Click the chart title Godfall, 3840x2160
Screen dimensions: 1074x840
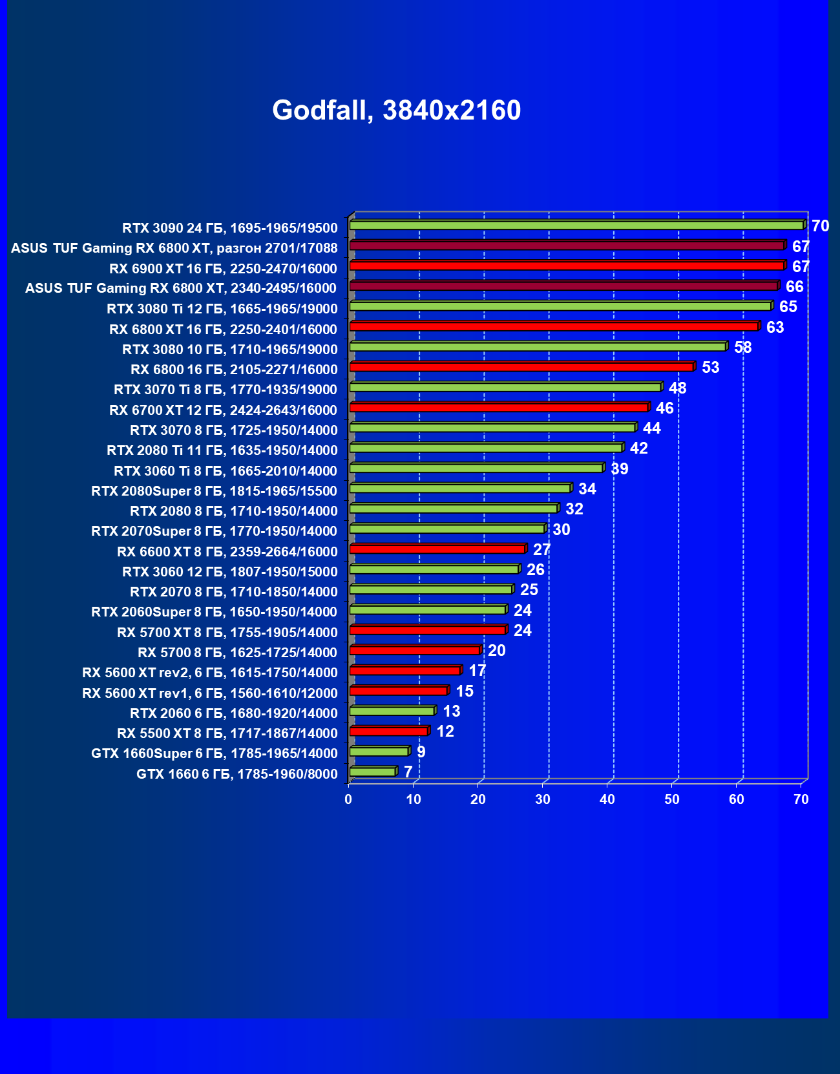coord(396,111)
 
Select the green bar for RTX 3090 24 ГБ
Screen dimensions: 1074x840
coord(576,226)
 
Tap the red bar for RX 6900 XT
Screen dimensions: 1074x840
coord(567,266)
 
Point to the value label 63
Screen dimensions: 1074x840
coord(775,328)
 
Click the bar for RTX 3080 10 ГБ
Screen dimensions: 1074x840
coord(538,347)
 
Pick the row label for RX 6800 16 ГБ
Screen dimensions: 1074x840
coord(234,370)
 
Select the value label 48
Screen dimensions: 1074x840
coord(677,388)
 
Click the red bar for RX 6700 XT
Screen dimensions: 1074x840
coord(499,407)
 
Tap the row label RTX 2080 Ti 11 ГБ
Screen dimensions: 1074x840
coord(222,450)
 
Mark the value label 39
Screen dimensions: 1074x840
coord(619,469)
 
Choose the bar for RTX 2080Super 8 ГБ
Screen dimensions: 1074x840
coord(460,489)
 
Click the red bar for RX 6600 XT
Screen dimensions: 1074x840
coord(437,549)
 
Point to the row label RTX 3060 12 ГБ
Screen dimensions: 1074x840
coord(229,572)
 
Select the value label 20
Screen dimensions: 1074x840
coord(496,651)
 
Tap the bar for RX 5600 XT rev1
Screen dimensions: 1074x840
coord(399,691)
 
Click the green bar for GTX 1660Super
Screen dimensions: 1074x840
coord(379,752)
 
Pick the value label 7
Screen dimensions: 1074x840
coord(408,772)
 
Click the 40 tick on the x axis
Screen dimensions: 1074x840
coord(607,799)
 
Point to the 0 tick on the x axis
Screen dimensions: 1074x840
coord(348,799)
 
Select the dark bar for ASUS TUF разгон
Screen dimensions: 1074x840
coord(567,246)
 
